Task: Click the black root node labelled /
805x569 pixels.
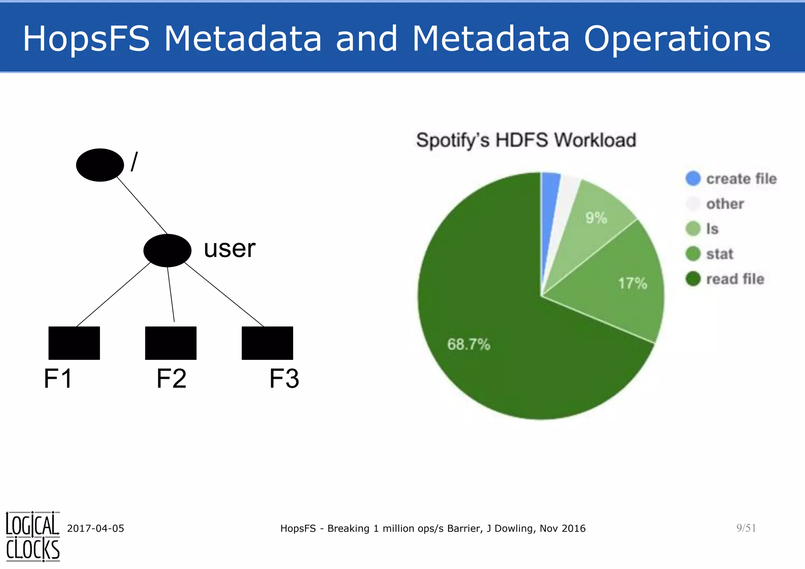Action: [100, 165]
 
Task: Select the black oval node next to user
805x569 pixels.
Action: [167, 250]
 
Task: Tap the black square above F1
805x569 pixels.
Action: [74, 343]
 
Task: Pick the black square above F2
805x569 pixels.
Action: [171, 343]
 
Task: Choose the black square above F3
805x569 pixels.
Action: [267, 343]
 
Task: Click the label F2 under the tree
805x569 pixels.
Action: [171, 379]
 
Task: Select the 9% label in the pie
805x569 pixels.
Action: [596, 218]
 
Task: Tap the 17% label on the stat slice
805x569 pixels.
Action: [632, 283]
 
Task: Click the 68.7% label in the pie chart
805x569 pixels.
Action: [469, 345]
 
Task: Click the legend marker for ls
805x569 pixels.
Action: [693, 229]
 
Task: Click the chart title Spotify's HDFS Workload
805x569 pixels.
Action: [526, 140]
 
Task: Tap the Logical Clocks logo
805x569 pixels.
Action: [33, 536]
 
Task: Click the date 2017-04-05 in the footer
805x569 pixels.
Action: [96, 529]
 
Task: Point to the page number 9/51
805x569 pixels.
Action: [746, 528]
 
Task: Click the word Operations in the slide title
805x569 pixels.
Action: [677, 39]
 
